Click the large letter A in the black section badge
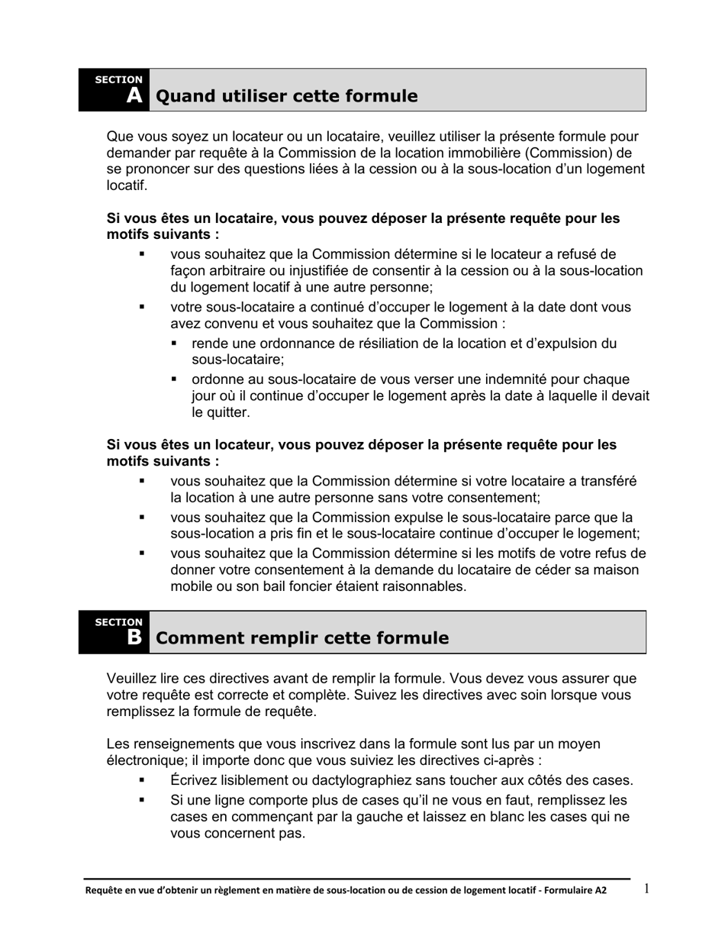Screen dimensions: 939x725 (134, 95)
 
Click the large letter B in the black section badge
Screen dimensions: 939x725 (134, 637)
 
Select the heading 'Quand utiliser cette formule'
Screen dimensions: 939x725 (286, 96)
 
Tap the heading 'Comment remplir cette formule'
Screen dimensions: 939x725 (301, 638)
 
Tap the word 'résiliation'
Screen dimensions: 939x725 (376, 344)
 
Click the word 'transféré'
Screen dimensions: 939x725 (607, 481)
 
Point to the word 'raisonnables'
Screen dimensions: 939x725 (425, 586)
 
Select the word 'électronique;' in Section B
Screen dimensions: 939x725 (146, 760)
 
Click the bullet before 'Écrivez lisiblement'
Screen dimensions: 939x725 (141, 780)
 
